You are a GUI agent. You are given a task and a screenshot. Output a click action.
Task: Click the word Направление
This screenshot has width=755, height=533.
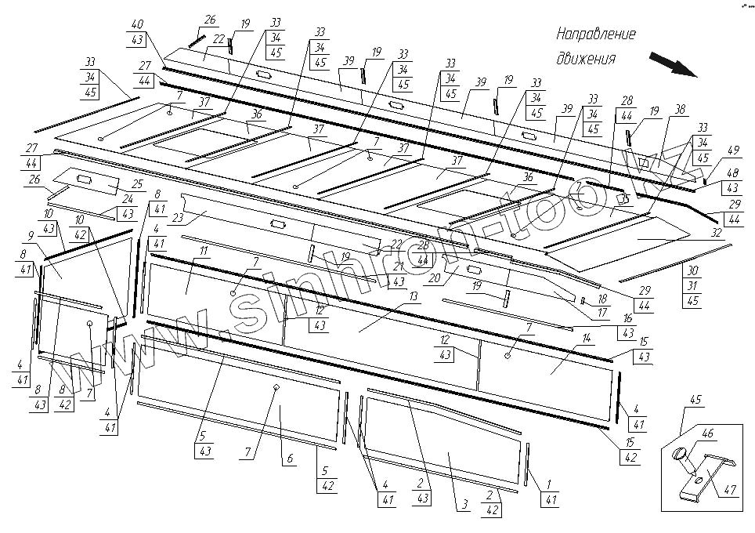(595, 35)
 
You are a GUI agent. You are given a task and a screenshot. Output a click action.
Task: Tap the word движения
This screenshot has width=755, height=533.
(585, 59)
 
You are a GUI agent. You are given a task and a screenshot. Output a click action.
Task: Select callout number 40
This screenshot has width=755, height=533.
(138, 24)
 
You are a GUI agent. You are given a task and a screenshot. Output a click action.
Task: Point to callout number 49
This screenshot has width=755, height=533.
(733, 150)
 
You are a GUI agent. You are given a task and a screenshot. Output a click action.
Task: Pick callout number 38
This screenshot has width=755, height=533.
(679, 109)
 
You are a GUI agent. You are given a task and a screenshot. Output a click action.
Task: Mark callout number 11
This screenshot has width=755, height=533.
(203, 250)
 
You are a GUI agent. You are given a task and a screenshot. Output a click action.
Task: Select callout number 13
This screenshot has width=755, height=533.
(413, 296)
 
